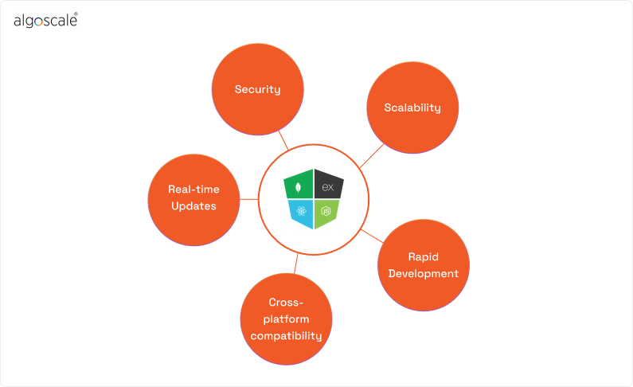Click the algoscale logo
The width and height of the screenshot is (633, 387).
coord(45,21)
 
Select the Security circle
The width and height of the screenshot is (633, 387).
coord(257,89)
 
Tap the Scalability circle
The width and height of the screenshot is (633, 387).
coord(412,107)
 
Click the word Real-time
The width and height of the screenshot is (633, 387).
coord(193,190)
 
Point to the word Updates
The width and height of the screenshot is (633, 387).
coord(193,205)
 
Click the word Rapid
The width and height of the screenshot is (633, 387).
coord(424,257)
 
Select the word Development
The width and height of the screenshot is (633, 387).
coord(424,274)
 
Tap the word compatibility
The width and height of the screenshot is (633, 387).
coord(286,336)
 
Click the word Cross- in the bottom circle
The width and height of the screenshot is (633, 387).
coord(286,303)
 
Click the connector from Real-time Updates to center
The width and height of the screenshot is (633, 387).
coord(250,199)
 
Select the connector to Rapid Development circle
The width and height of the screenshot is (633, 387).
coord(371,235)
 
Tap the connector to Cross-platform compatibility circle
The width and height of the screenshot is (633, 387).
coord(295,264)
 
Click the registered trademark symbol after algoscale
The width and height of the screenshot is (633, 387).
coord(76,14)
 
